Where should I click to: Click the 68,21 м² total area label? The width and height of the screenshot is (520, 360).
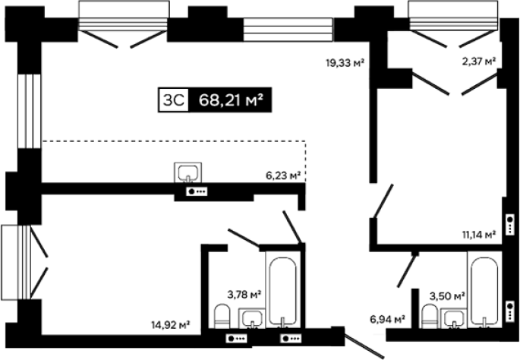tap(231, 99)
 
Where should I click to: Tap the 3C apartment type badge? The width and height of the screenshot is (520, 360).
tap(173, 99)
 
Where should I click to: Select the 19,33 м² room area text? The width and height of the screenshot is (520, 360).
tap(345, 62)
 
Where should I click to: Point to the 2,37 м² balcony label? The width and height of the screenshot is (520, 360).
tap(479, 61)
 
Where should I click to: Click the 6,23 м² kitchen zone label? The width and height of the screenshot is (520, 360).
tap(283, 175)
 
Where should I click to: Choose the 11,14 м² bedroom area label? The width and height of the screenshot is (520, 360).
tap(479, 235)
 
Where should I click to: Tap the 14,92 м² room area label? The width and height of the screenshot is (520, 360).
tap(171, 324)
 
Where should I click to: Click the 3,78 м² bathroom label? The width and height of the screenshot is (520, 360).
tap(244, 294)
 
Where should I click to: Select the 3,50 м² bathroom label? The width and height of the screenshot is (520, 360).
tap(447, 295)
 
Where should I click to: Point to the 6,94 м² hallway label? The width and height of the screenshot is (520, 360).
tap(387, 320)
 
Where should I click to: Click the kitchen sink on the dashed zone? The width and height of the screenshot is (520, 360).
tap(188, 172)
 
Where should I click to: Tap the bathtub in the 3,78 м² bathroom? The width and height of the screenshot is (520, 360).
tap(282, 289)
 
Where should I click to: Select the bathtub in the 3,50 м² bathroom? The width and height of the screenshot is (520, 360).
tap(484, 289)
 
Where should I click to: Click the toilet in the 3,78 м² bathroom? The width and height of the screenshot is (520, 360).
tap(222, 317)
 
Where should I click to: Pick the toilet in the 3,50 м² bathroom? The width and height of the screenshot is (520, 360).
tap(430, 317)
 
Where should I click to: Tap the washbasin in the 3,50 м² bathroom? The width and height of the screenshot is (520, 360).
tap(454, 318)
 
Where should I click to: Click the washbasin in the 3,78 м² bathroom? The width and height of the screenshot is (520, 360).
tap(252, 318)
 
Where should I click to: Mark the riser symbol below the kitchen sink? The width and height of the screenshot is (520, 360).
tap(197, 191)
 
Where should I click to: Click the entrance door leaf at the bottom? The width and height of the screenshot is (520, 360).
tap(364, 347)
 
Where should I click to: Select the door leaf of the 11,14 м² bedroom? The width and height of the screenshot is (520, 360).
tap(383, 201)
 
